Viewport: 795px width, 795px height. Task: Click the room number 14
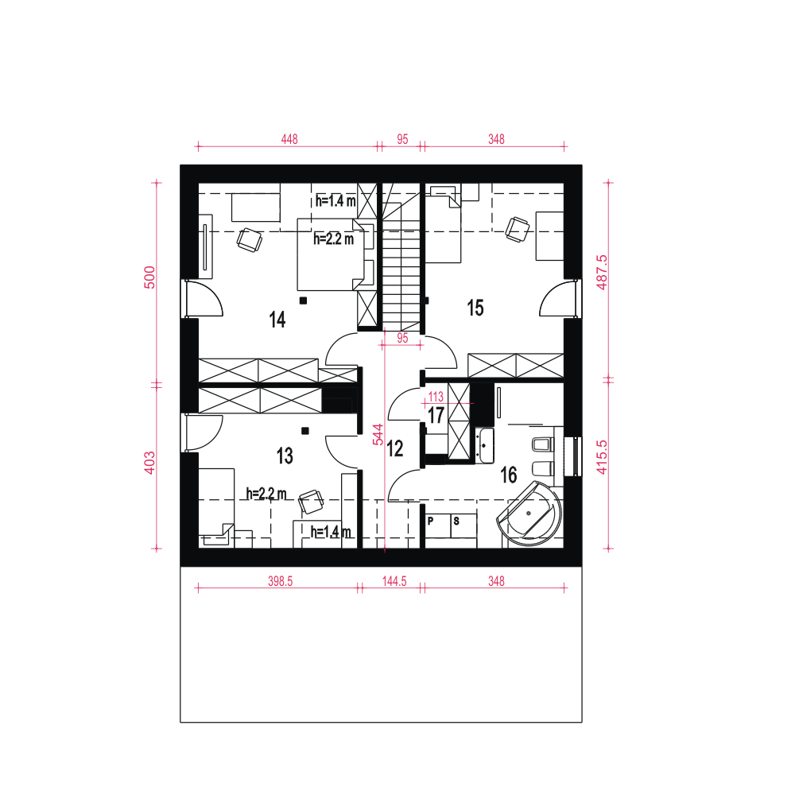[x=277, y=320]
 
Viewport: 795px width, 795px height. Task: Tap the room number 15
[x=475, y=308]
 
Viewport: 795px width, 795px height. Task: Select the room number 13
[x=285, y=456]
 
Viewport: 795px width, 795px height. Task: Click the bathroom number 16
[x=508, y=475]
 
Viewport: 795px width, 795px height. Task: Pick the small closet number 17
[x=436, y=415]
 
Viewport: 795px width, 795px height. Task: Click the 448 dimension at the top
[x=289, y=139]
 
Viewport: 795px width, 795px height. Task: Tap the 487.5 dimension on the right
[x=602, y=272]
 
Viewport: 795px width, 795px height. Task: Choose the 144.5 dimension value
[x=394, y=581]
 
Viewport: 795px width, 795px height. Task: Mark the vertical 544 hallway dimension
[x=379, y=433]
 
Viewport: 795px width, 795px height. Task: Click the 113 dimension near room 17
[x=436, y=396]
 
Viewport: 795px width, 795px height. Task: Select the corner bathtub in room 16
[x=530, y=515]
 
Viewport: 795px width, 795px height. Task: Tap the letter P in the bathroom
[x=431, y=522]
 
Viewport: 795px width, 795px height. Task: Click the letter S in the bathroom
[x=456, y=522]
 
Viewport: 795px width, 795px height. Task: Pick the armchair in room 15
[x=518, y=229]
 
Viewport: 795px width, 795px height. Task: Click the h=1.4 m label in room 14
[x=335, y=200]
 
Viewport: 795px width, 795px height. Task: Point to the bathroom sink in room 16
[x=485, y=445]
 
